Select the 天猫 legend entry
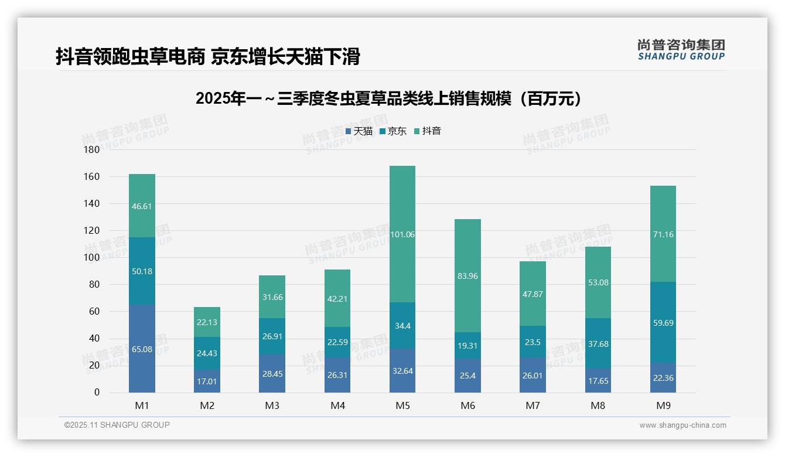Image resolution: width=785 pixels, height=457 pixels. click(359, 131)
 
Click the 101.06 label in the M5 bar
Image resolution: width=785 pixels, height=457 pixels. click(402, 234)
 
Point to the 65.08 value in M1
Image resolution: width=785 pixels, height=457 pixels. click(142, 349)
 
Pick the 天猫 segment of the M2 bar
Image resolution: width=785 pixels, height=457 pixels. click(207, 381)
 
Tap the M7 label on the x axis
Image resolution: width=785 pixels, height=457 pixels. click(533, 405)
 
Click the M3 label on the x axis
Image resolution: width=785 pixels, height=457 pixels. click(272, 405)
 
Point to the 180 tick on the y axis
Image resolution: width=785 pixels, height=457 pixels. click(92, 150)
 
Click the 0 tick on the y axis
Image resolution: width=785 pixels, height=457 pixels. click(97, 393)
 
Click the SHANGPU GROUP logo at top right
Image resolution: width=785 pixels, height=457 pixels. click(681, 50)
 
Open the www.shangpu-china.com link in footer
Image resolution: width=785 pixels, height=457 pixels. click(682, 425)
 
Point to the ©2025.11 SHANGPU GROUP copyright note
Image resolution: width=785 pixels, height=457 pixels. click(117, 425)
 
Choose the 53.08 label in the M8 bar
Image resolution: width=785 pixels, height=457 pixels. click(598, 282)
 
